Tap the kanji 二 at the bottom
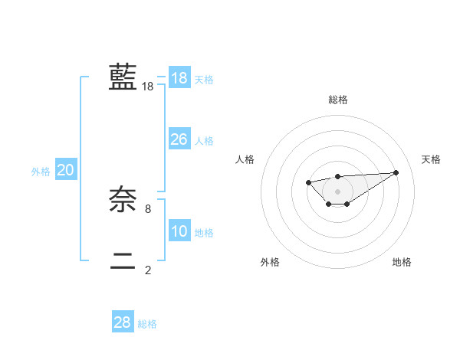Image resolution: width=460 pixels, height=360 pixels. (123, 261)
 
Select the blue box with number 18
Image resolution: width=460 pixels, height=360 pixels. (179, 78)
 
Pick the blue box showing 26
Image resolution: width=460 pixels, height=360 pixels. (179, 139)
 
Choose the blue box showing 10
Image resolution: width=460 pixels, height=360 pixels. (179, 231)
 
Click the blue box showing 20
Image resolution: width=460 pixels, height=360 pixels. (66, 171)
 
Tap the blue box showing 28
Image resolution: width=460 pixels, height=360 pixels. (123, 322)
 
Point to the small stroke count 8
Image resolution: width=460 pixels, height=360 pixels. (148, 208)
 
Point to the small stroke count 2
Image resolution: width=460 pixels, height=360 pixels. (148, 270)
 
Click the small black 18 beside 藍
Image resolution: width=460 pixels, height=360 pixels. (148, 87)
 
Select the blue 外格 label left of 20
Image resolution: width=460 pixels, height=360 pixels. (41, 172)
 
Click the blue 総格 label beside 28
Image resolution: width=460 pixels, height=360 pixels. (147, 324)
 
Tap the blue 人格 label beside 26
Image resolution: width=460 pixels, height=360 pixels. (204, 141)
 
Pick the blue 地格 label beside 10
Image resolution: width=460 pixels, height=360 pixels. (204, 233)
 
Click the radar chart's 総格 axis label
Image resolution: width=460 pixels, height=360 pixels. (338, 100)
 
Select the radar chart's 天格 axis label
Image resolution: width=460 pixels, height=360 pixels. (431, 159)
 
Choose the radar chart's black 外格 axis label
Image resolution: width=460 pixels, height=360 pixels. (269, 262)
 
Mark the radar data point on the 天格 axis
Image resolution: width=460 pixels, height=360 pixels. (396, 172)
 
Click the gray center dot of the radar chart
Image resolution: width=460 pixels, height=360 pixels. (338, 191)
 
